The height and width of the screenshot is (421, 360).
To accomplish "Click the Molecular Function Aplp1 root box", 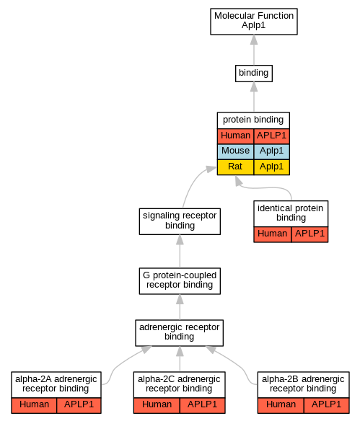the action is tap(254, 22).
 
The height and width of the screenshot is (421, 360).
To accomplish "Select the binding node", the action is tap(254, 74).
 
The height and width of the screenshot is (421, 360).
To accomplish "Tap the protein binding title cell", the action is tap(253, 120).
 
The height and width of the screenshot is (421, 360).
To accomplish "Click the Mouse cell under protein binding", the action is tap(235, 151).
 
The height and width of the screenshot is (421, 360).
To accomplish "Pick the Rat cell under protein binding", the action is tap(235, 167).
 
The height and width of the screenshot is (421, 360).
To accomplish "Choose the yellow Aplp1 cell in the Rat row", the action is tap(271, 167).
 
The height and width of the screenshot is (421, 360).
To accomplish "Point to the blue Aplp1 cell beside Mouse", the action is tap(271, 151).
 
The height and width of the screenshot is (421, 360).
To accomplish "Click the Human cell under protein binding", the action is tap(235, 136).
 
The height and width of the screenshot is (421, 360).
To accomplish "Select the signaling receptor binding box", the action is tap(180, 221).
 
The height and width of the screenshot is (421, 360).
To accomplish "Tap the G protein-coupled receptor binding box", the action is tap(180, 281).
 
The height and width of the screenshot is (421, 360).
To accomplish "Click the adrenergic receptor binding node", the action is tap(179, 332).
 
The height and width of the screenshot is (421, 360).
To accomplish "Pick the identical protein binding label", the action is tap(291, 213).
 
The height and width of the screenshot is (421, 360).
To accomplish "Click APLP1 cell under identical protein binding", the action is tap(309, 234).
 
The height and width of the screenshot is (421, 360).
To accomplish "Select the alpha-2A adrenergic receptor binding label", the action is tap(56, 384).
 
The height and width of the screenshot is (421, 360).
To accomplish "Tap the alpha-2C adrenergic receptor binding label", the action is tap(179, 384).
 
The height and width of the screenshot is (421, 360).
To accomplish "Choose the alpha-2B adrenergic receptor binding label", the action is tap(303, 384).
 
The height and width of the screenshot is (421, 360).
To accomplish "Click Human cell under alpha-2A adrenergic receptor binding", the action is tap(34, 405).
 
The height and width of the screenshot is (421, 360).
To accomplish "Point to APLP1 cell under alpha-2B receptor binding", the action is tap(326, 405).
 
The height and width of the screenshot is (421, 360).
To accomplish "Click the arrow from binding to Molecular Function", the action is tap(254, 50).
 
